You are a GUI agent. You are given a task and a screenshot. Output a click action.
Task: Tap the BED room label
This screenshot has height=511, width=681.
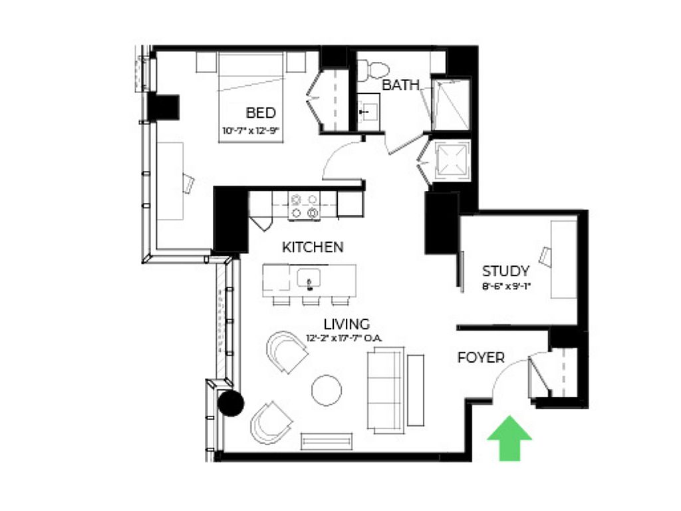[x=261, y=113]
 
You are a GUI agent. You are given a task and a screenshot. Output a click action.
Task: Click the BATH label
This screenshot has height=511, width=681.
[x=400, y=85]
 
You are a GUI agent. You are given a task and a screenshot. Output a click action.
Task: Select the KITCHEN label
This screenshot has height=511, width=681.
[x=313, y=248]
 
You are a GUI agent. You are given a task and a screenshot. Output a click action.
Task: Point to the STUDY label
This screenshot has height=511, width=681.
[x=505, y=271]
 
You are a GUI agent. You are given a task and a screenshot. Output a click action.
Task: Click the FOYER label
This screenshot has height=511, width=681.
[x=481, y=357]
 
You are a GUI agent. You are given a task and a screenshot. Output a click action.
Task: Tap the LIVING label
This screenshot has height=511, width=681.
[x=347, y=324]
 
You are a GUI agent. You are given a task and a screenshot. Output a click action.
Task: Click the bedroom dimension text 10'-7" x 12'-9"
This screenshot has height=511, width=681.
[x=250, y=130]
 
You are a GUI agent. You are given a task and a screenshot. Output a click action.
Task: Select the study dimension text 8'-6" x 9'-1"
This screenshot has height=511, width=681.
[x=507, y=286]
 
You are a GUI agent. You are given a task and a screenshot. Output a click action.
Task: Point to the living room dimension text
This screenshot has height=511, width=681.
[x=344, y=338]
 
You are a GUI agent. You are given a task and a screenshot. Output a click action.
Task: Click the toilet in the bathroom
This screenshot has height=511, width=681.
[x=373, y=71]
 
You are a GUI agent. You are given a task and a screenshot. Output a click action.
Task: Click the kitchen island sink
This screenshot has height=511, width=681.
[x=309, y=278]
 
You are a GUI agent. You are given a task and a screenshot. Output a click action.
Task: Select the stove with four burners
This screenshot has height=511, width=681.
[x=304, y=206]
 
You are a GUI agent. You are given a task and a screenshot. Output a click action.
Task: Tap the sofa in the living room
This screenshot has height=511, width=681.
[x=386, y=390]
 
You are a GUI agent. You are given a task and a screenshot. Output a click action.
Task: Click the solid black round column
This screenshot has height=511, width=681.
[x=231, y=403]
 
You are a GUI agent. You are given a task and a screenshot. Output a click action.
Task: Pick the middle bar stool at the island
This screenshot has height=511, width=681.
[x=311, y=301]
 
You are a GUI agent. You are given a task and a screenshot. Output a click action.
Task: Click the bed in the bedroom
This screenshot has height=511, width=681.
[x=251, y=97]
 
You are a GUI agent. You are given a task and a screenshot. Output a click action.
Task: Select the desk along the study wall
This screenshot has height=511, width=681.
[x=564, y=259]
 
